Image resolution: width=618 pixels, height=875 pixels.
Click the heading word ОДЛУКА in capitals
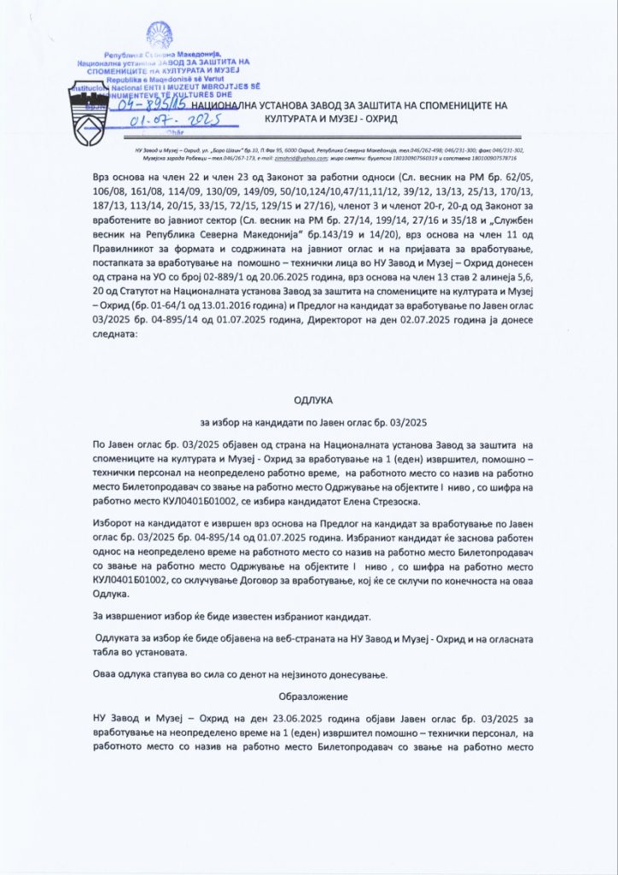click(309, 399)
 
